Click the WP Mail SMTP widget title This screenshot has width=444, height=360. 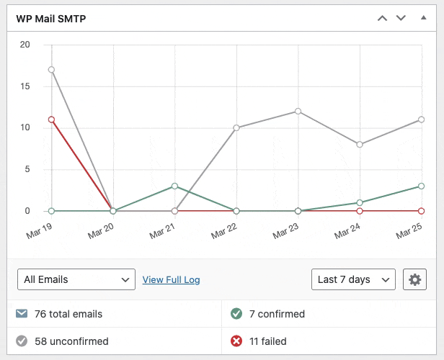coord(51,19)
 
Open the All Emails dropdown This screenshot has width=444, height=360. coord(76,279)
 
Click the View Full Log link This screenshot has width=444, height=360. coord(171,279)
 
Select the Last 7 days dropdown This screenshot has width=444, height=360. coord(353,279)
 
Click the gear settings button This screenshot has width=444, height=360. coord(414,279)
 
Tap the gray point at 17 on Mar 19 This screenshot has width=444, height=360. coord(51,70)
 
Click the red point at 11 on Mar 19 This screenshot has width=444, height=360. coord(51,120)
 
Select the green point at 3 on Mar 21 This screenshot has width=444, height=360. coord(174,186)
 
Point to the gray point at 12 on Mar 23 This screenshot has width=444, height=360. coord(298,111)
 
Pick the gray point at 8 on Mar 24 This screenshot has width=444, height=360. coord(360,144)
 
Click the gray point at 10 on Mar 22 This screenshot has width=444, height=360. coord(236,127)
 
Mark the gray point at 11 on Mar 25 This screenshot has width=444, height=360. coord(422,120)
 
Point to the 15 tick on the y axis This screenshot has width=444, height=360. coord(25,86)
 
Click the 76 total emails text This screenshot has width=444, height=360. coord(68,314)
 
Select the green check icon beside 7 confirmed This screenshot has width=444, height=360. coord(236,314)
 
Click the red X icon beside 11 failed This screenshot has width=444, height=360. coord(236,341)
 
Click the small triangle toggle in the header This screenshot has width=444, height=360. coord(423,18)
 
